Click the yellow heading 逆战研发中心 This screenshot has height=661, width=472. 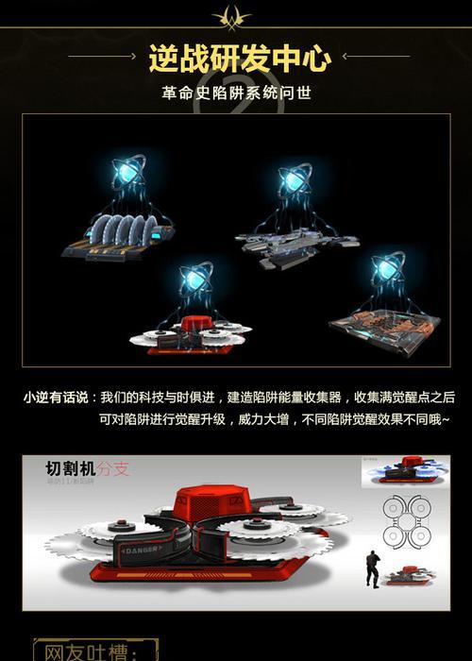pos(240,58)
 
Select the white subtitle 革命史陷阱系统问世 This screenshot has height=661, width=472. pos(236,93)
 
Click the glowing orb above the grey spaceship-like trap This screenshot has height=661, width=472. pos(295,179)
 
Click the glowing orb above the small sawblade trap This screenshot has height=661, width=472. pos(196,277)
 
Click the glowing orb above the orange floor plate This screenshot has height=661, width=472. pos(388,267)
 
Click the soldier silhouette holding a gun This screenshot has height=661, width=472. pos(372,568)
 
